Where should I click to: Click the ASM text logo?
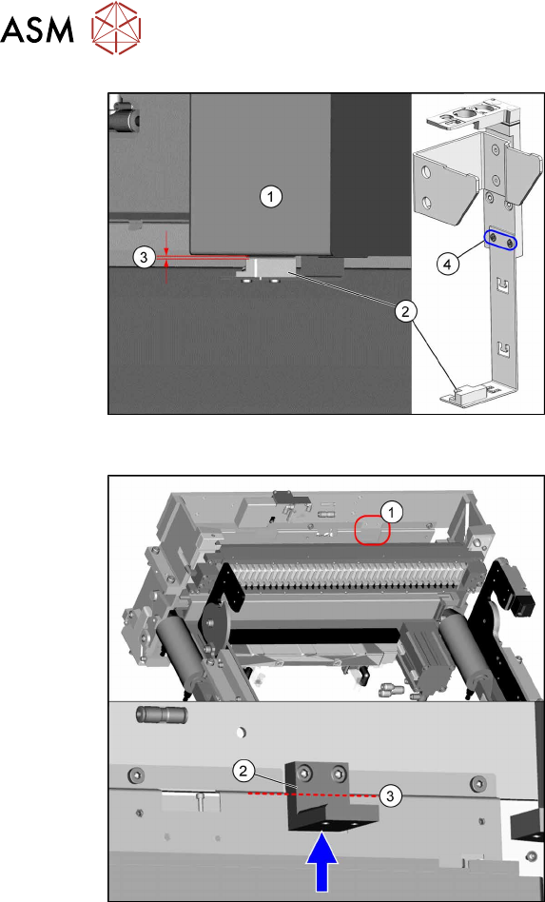(37, 29)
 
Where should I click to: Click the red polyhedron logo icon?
(117, 29)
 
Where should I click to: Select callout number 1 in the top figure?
(270, 197)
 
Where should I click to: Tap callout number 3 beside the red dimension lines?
(144, 257)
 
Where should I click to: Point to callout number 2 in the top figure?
(406, 311)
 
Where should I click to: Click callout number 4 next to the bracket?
(448, 264)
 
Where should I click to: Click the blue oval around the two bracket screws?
(500, 241)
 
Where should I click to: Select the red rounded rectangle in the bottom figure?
(373, 529)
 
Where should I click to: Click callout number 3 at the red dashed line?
(390, 796)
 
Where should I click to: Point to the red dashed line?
(313, 794)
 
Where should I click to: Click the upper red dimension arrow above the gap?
(166, 244)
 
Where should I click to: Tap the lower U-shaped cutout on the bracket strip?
(502, 348)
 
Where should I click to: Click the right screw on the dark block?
(341, 771)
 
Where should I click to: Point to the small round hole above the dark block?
(242, 733)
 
